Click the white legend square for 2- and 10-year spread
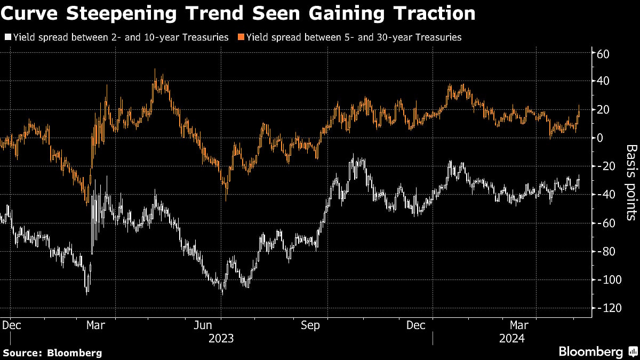(x=7, y=37)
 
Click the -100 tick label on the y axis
(x=610, y=279)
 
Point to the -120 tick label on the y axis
(x=610, y=308)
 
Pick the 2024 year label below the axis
(x=511, y=338)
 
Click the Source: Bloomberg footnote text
(x=52, y=353)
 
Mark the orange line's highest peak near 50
(x=155, y=69)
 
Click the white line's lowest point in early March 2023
(x=87, y=293)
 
